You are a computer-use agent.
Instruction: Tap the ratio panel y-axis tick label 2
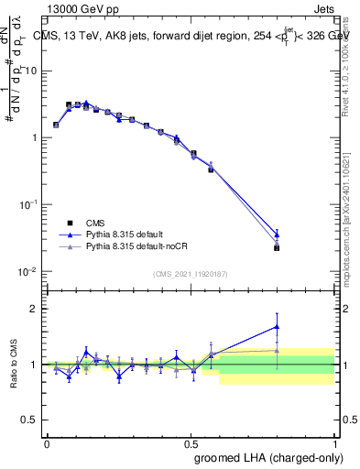tap(33, 309)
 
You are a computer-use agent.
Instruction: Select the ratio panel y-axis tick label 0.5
tap(29, 420)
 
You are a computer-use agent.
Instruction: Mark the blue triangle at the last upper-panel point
tap(277, 234)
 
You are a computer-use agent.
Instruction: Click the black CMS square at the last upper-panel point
tap(277, 247)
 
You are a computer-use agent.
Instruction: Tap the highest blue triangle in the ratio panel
tap(277, 326)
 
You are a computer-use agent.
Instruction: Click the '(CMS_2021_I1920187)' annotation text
tap(190, 274)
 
